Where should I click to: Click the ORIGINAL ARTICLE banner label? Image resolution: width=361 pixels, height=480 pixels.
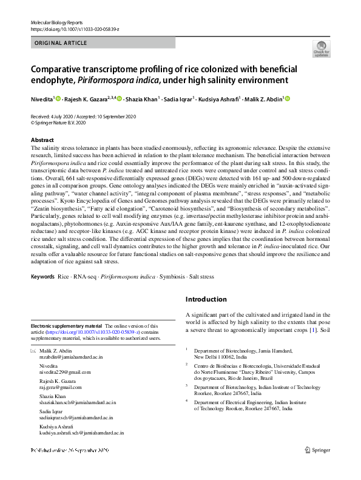point(61,43)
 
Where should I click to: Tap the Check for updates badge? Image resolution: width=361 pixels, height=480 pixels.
point(321,49)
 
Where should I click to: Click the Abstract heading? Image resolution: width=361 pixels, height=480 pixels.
point(42,140)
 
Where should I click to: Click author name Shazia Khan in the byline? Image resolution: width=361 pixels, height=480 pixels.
point(142,99)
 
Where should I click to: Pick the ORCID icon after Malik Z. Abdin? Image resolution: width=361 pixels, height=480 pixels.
point(287,99)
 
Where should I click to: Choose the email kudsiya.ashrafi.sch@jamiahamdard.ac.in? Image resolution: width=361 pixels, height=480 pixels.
point(81,433)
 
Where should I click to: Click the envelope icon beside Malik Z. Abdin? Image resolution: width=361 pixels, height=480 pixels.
point(33,351)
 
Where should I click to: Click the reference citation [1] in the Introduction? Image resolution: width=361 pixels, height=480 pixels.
point(313,331)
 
